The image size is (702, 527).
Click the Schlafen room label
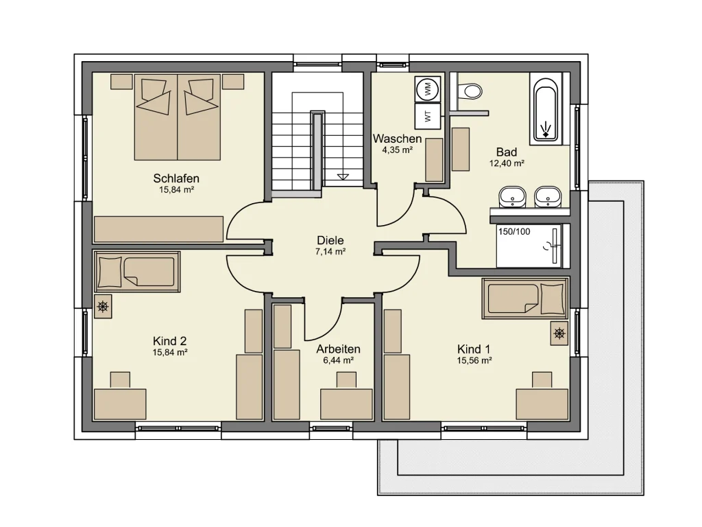[x=176, y=178]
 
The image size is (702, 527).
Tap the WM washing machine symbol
[x=428, y=88]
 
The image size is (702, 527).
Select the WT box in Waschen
[x=428, y=116]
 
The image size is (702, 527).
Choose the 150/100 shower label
[x=514, y=232]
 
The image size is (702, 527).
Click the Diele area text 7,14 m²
[x=330, y=252]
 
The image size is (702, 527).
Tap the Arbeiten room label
[x=338, y=349]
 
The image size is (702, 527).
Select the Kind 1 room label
[x=474, y=349]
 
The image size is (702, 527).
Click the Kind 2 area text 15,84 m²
[x=170, y=353]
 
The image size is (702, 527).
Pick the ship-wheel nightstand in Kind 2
[x=103, y=307]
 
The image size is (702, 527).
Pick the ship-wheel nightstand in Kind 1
[x=559, y=333]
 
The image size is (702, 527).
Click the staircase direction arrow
[x=343, y=176]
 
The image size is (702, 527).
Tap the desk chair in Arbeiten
[x=346, y=379]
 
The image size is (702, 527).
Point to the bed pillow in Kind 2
[x=110, y=272]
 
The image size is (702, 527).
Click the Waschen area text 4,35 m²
[x=397, y=150]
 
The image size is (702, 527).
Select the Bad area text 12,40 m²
[x=507, y=163]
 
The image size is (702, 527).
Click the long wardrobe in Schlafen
[x=158, y=229]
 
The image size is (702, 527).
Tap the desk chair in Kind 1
[x=542, y=380]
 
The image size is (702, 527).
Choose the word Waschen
[x=397, y=139]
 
